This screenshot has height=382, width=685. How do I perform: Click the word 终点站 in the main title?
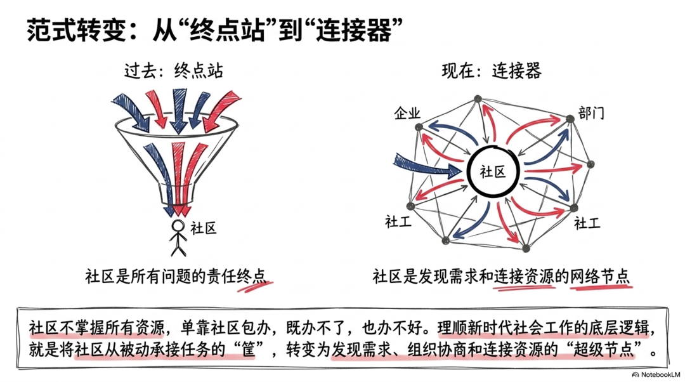coord(227,30)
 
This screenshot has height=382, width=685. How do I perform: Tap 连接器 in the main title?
coord(353,30)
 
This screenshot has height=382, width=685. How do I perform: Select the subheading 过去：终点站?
coord(173,70)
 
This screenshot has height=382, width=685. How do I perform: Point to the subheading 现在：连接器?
coord(492,70)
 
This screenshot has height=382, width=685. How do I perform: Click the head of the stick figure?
coord(178,225)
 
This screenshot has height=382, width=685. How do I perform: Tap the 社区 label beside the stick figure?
coord(204,228)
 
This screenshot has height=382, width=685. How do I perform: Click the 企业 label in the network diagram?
coord(407,113)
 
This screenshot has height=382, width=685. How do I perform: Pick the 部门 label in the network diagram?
coord(591,113)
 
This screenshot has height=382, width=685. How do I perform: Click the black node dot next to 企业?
coord(419,127)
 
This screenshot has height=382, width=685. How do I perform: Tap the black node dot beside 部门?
coord(570,119)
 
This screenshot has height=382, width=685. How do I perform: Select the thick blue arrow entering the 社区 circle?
coord(427,165)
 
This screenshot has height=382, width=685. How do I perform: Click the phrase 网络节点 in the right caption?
coord(600,276)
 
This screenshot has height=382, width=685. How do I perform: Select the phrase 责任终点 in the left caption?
coord(235,276)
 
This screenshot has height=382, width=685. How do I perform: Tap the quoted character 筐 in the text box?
coord(249,350)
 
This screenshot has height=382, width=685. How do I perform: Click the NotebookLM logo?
coord(656,374)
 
